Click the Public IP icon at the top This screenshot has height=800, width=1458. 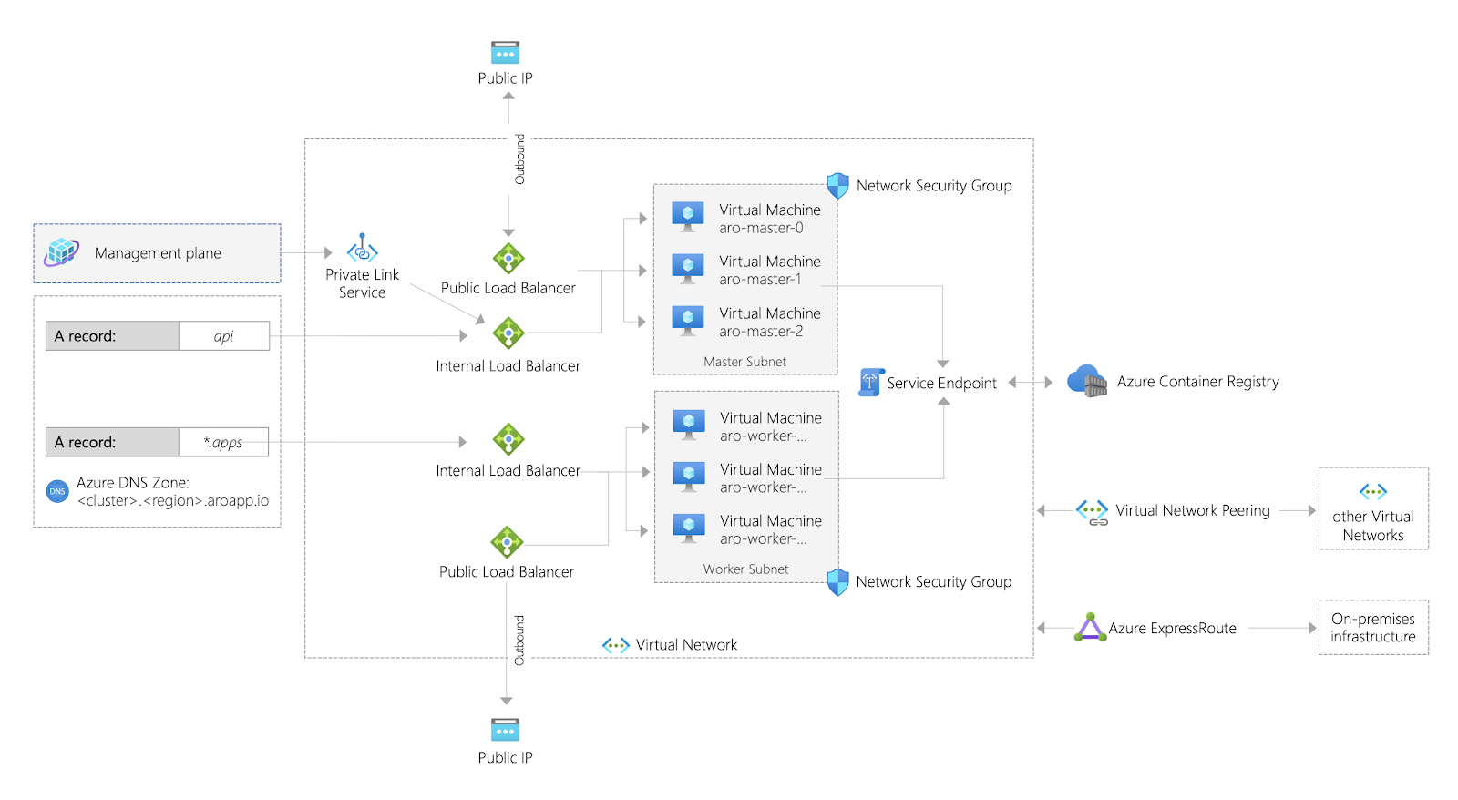(x=505, y=52)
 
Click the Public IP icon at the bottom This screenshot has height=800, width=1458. (x=505, y=730)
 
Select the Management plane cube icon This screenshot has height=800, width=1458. (x=62, y=251)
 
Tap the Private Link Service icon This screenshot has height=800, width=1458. (x=362, y=248)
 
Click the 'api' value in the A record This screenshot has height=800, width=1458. (x=223, y=336)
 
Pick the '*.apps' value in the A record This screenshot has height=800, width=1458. (x=223, y=443)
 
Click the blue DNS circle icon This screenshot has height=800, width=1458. (x=57, y=491)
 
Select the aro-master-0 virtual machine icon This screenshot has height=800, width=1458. (x=688, y=217)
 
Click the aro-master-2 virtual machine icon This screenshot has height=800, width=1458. (x=688, y=320)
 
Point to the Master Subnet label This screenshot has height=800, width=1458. (x=744, y=362)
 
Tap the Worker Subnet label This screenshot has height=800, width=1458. (x=745, y=569)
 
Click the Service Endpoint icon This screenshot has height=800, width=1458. (x=870, y=382)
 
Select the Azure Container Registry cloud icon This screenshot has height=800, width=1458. (x=1086, y=381)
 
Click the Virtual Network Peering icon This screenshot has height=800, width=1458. (x=1092, y=511)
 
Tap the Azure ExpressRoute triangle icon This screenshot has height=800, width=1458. (x=1090, y=628)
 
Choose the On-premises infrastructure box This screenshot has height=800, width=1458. (x=1372, y=627)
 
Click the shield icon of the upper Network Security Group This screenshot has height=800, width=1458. (x=837, y=185)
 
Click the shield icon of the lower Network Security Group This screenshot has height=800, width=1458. (x=837, y=581)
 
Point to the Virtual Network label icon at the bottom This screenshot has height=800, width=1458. (x=616, y=645)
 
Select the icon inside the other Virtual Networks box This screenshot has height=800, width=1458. (x=1372, y=492)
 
